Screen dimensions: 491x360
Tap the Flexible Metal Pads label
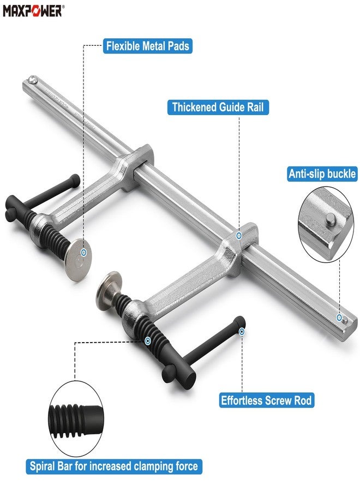[148, 45]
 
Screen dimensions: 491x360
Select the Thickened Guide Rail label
[218, 107]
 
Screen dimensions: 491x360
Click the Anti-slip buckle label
[322, 174]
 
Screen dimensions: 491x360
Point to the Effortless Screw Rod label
[266, 400]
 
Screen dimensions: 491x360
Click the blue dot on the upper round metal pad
[83, 253]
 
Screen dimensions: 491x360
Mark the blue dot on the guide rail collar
[239, 236]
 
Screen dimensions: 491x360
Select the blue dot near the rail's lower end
[339, 317]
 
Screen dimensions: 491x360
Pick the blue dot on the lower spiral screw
[148, 340]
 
